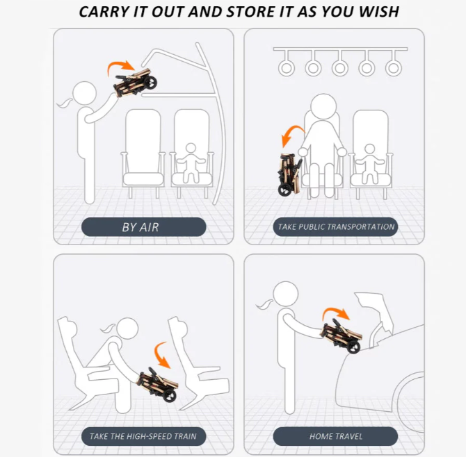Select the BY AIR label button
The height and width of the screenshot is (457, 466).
pyautogui.click(x=143, y=227)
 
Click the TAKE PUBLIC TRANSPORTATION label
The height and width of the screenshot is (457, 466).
pyautogui.click(x=335, y=227)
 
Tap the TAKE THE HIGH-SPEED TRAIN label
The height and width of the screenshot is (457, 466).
pyautogui.click(x=143, y=436)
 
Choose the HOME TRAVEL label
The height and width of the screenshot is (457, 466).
pyautogui.click(x=335, y=436)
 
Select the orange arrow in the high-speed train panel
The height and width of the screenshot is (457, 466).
pyautogui.click(x=160, y=355)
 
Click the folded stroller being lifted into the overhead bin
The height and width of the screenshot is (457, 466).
pyautogui.click(x=135, y=82)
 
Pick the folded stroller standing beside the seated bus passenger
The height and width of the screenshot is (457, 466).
pyautogui.click(x=290, y=174)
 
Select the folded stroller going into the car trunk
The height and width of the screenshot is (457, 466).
pyautogui.click(x=342, y=335)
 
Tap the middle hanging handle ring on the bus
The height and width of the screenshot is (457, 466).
pyautogui.click(x=339, y=68)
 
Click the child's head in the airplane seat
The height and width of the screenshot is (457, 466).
pyautogui.click(x=191, y=148)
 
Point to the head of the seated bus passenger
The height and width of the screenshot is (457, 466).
pyautogui.click(x=323, y=107)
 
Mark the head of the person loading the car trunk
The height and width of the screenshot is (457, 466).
pyautogui.click(x=286, y=294)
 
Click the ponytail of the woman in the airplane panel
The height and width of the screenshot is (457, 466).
pyautogui.click(x=65, y=103)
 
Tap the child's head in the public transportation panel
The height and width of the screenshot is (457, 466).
pyautogui.click(x=370, y=149)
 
